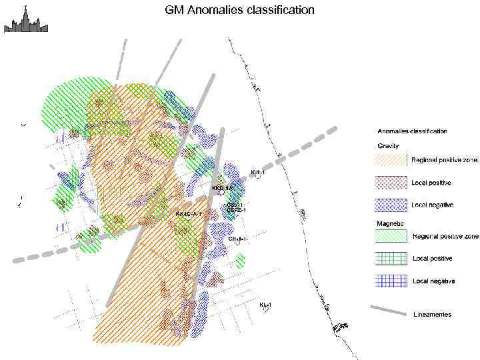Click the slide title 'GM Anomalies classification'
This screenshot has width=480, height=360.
pyautogui.click(x=240, y=11)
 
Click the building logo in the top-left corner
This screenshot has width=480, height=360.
pyautogui.click(x=25, y=19)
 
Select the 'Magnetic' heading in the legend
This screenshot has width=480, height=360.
pyautogui.click(x=389, y=223)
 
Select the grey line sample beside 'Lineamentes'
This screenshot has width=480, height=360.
pyautogui.click(x=389, y=311)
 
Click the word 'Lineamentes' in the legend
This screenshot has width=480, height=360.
pyautogui.click(x=432, y=314)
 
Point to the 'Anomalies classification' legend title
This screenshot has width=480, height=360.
pyautogui.click(x=412, y=131)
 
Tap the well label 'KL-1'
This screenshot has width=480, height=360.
pyautogui.click(x=265, y=305)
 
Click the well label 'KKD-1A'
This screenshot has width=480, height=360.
pyautogui.click(x=221, y=189)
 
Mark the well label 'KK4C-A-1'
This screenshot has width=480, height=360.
pyautogui.click(x=188, y=214)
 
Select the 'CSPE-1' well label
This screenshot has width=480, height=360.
pyautogui.click(x=236, y=211)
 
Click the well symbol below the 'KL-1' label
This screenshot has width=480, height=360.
pyautogui.click(x=266, y=311)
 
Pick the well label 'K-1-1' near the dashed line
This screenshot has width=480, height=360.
pyautogui.click(x=257, y=172)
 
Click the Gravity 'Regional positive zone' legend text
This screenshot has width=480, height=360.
pyautogui.click(x=444, y=160)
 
